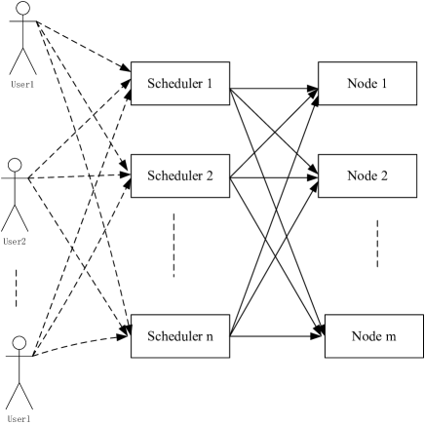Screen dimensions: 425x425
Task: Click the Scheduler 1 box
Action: tap(180, 84)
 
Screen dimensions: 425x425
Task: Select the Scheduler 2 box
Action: tap(180, 176)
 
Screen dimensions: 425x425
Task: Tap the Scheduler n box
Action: tap(180, 336)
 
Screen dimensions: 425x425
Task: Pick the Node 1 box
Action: tap(367, 84)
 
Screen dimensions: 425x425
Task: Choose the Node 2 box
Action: tap(367, 176)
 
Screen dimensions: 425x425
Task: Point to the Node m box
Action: tap(373, 336)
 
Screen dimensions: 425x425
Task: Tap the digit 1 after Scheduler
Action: tap(210, 84)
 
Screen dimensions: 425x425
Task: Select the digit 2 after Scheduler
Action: tap(210, 176)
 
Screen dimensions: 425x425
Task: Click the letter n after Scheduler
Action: tap(210, 337)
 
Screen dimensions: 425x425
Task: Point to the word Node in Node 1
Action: tap(362, 84)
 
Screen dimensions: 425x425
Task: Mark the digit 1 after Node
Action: tap(384, 84)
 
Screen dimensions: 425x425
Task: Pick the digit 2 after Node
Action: tap(384, 176)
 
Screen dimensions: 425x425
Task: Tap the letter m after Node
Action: tap(390, 337)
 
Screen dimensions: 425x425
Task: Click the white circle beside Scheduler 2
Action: tap(15, 165)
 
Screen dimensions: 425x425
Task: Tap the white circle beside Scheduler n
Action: tap(19, 342)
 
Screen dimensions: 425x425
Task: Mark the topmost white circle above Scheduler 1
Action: tap(22, 9)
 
